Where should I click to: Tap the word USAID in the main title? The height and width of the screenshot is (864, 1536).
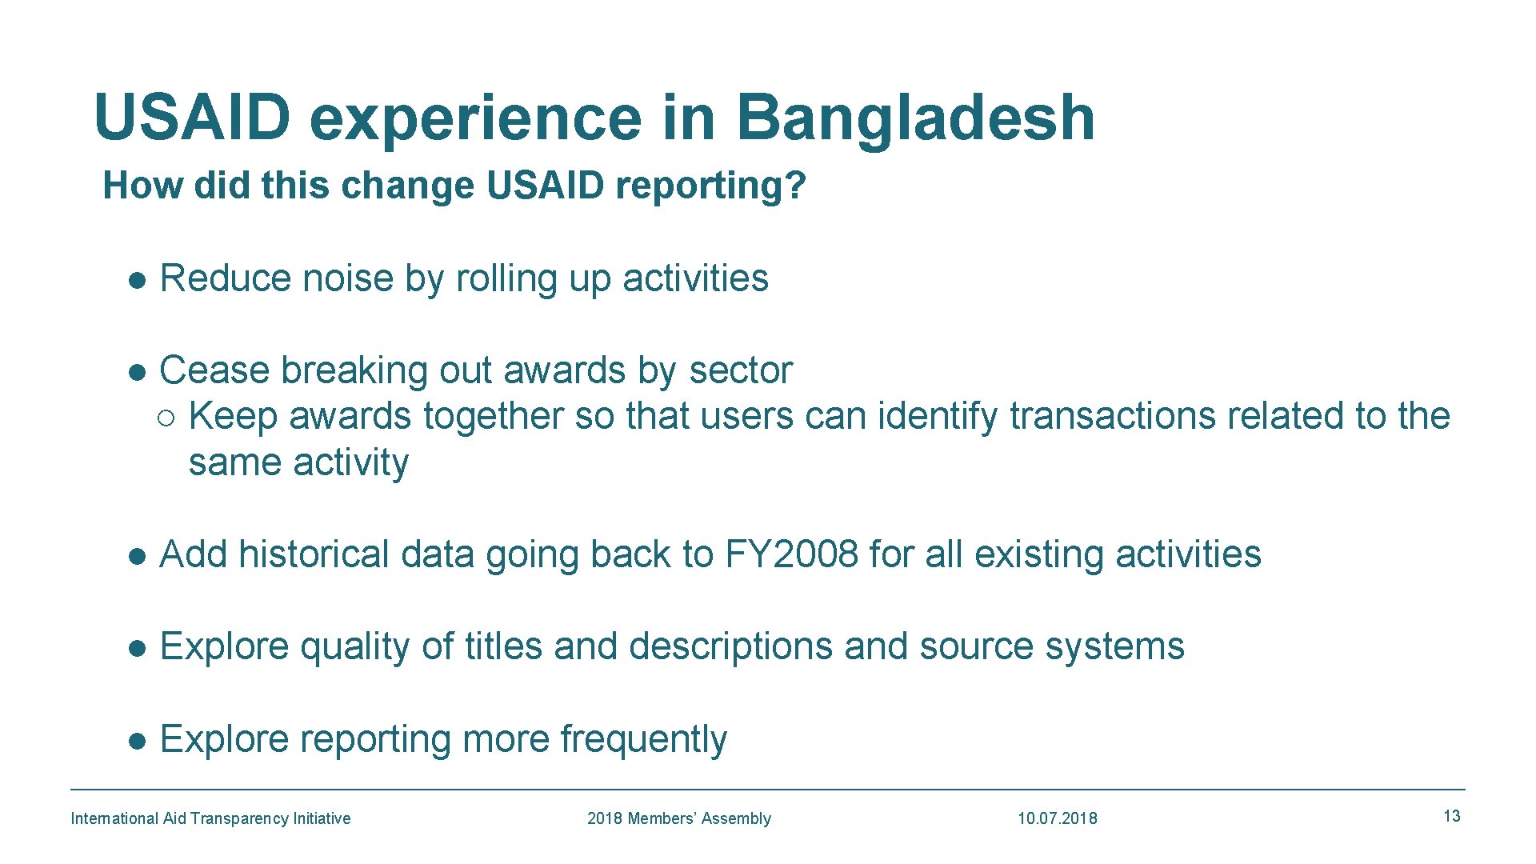click(x=192, y=118)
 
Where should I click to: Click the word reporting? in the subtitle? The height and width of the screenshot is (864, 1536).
click(x=711, y=186)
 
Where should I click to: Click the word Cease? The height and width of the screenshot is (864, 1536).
click(x=214, y=370)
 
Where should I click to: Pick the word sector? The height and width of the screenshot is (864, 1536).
click(x=740, y=370)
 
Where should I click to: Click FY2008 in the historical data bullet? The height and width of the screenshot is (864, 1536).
click(x=791, y=554)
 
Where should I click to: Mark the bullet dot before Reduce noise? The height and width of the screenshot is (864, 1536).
click(x=138, y=280)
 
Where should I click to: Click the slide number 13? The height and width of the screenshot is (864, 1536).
click(x=1451, y=816)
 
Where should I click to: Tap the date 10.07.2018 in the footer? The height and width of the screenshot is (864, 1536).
click(x=1057, y=818)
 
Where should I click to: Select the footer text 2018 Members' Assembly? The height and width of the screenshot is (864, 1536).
click(x=678, y=818)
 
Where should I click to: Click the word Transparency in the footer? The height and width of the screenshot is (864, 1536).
click(x=239, y=818)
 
